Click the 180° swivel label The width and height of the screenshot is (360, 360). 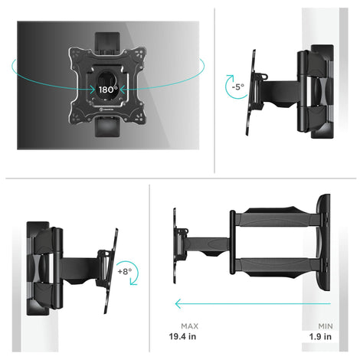point(108,90)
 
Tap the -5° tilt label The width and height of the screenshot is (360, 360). point(238,87)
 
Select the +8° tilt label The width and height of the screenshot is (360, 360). point(125,271)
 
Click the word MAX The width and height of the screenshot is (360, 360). point(189,326)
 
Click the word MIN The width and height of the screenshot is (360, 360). point(326,326)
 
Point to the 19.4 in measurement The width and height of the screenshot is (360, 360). point(182,336)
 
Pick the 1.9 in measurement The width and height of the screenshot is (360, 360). point(320,336)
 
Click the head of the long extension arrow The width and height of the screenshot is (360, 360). point(178,304)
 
